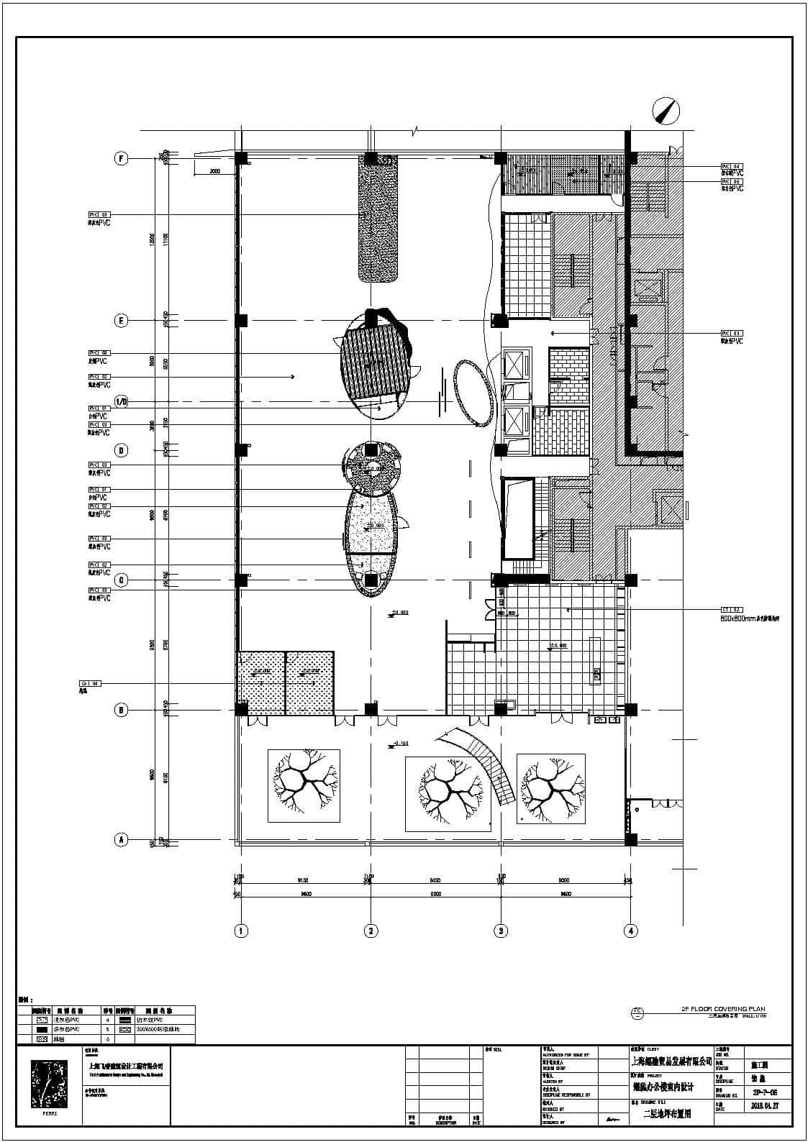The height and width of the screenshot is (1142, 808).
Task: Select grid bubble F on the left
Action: click(122, 159)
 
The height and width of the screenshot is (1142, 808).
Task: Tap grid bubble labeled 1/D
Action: click(122, 401)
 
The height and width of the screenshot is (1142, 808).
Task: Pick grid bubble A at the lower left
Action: click(122, 839)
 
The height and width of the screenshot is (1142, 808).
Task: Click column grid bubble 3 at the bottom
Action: click(501, 931)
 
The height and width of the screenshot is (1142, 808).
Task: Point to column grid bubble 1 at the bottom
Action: click(241, 931)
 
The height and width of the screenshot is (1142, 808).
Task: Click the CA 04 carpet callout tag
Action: click(90, 683)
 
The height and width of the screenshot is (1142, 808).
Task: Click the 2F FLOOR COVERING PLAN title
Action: click(724, 1009)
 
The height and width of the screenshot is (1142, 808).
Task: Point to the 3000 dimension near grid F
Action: click(214, 172)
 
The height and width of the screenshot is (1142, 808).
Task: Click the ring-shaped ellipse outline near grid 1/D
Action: click(473, 393)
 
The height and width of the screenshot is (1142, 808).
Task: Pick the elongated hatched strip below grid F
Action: click(379, 219)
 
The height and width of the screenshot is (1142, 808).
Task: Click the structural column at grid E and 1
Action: click(241, 320)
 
